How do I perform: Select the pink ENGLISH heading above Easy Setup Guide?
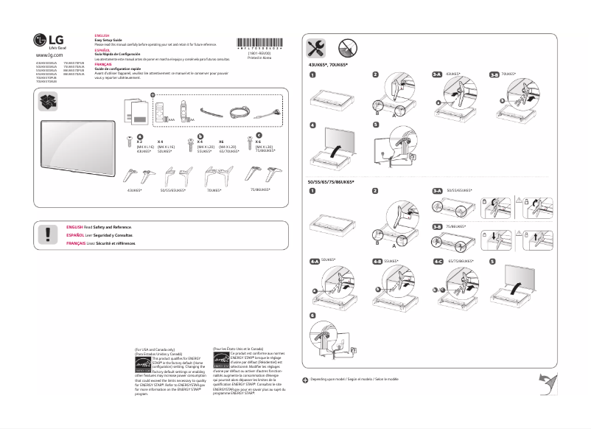[102, 35]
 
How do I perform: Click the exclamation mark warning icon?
[49, 235]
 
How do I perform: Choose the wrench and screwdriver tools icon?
[315, 48]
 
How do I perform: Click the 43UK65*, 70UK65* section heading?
[328, 66]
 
